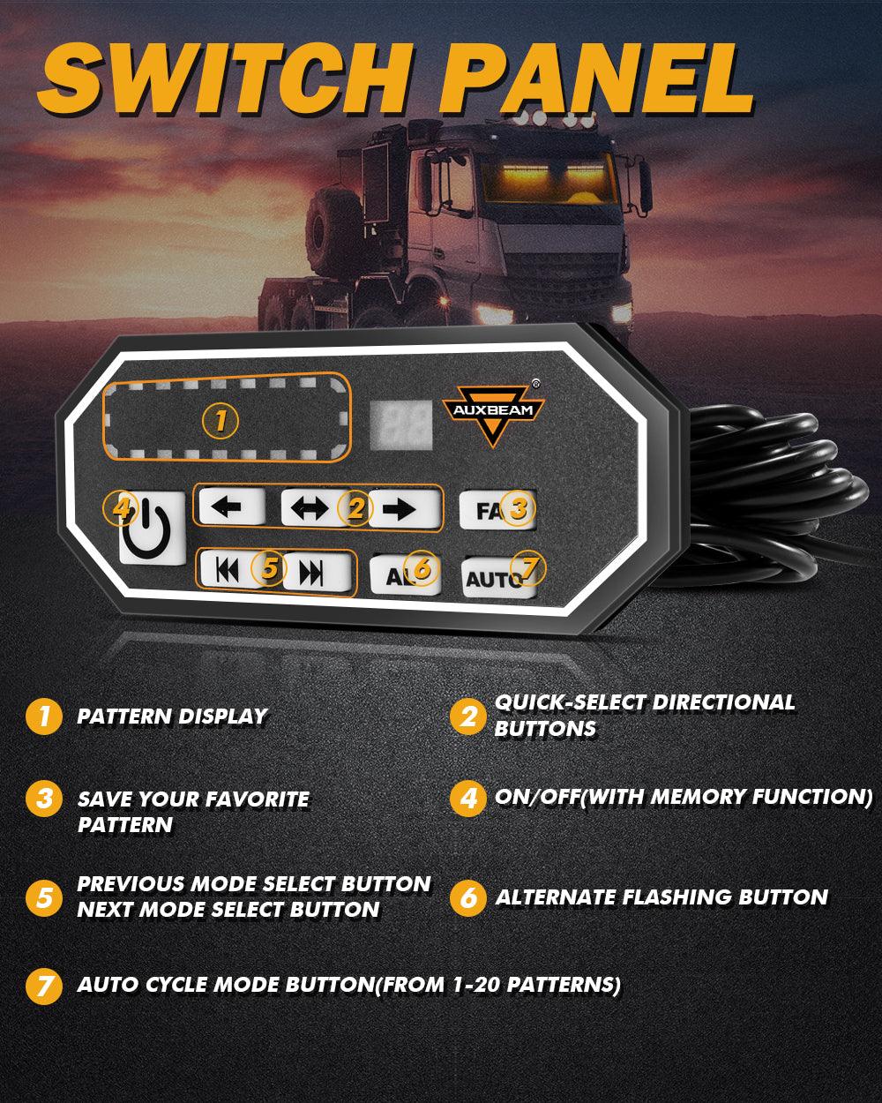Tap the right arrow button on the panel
coord(404,509)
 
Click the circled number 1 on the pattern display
coord(220,421)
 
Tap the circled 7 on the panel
coord(527,567)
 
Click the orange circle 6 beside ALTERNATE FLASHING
coord(468,898)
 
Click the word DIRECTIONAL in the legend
coord(722,703)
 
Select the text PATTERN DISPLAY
coord(172,716)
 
